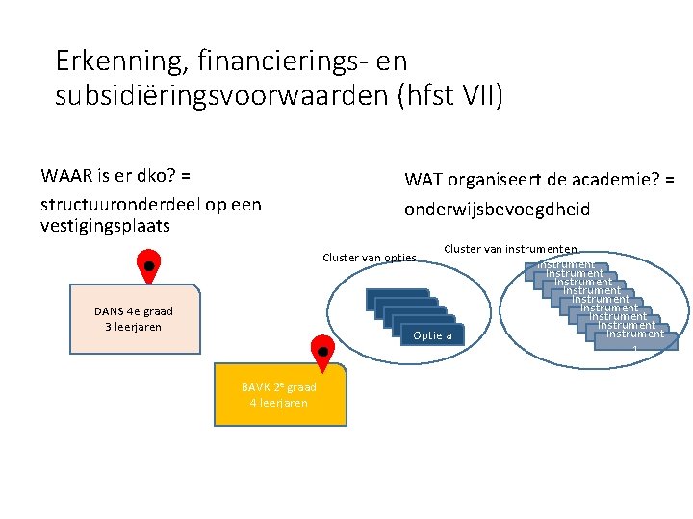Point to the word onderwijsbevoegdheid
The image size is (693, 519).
(x=497, y=210)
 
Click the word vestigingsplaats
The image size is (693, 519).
(x=105, y=226)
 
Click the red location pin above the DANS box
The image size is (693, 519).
(x=148, y=265)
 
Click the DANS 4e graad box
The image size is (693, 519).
(x=135, y=317)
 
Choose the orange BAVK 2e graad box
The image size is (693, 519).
(x=279, y=395)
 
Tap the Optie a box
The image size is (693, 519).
(x=431, y=335)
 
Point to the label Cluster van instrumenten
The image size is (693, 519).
(x=510, y=249)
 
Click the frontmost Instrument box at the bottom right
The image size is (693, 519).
(x=635, y=336)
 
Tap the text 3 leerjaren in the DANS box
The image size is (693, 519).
(x=134, y=327)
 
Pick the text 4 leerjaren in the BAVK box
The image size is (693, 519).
(x=279, y=403)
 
